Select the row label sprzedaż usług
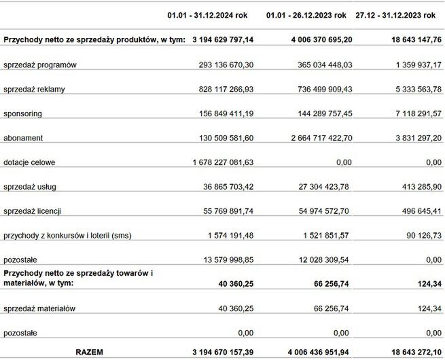tap(31, 187)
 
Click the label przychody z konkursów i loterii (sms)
tap(67, 236)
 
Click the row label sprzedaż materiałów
tap(39, 308)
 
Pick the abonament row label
tap(23, 138)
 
